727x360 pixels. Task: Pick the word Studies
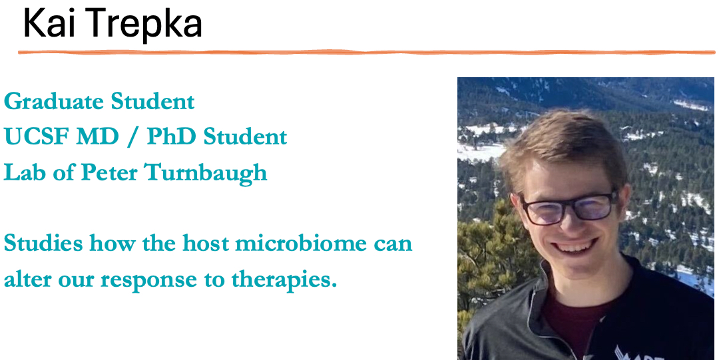43,243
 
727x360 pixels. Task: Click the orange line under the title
366,53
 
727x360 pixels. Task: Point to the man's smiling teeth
575,246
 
